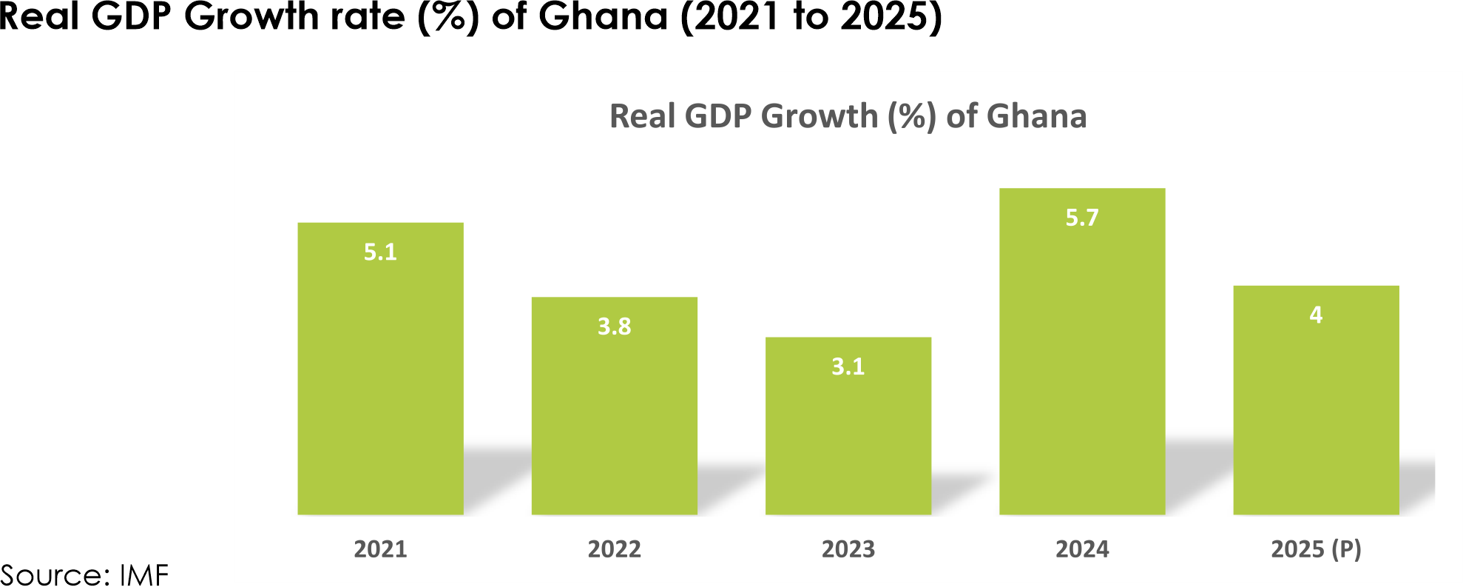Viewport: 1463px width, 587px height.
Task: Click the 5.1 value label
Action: [380, 252]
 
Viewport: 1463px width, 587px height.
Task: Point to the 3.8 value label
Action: [614, 326]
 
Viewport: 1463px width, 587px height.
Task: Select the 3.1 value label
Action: [848, 366]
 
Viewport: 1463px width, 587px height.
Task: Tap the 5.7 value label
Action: [1081, 218]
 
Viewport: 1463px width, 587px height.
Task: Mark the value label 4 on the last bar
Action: [1315, 315]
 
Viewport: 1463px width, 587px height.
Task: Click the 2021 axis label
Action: [380, 549]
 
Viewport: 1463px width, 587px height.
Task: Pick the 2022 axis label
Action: [614, 549]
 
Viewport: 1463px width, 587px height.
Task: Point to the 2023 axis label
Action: [848, 549]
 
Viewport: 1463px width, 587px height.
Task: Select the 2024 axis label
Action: [1081, 549]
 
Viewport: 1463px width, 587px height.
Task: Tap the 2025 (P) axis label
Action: [1315, 549]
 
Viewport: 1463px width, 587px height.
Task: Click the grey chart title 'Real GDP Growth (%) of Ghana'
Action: [848, 116]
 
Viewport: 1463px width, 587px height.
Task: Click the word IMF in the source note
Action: [144, 575]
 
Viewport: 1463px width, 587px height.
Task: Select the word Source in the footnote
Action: [53, 575]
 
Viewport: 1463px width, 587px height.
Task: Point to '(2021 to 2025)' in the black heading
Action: [811, 16]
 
